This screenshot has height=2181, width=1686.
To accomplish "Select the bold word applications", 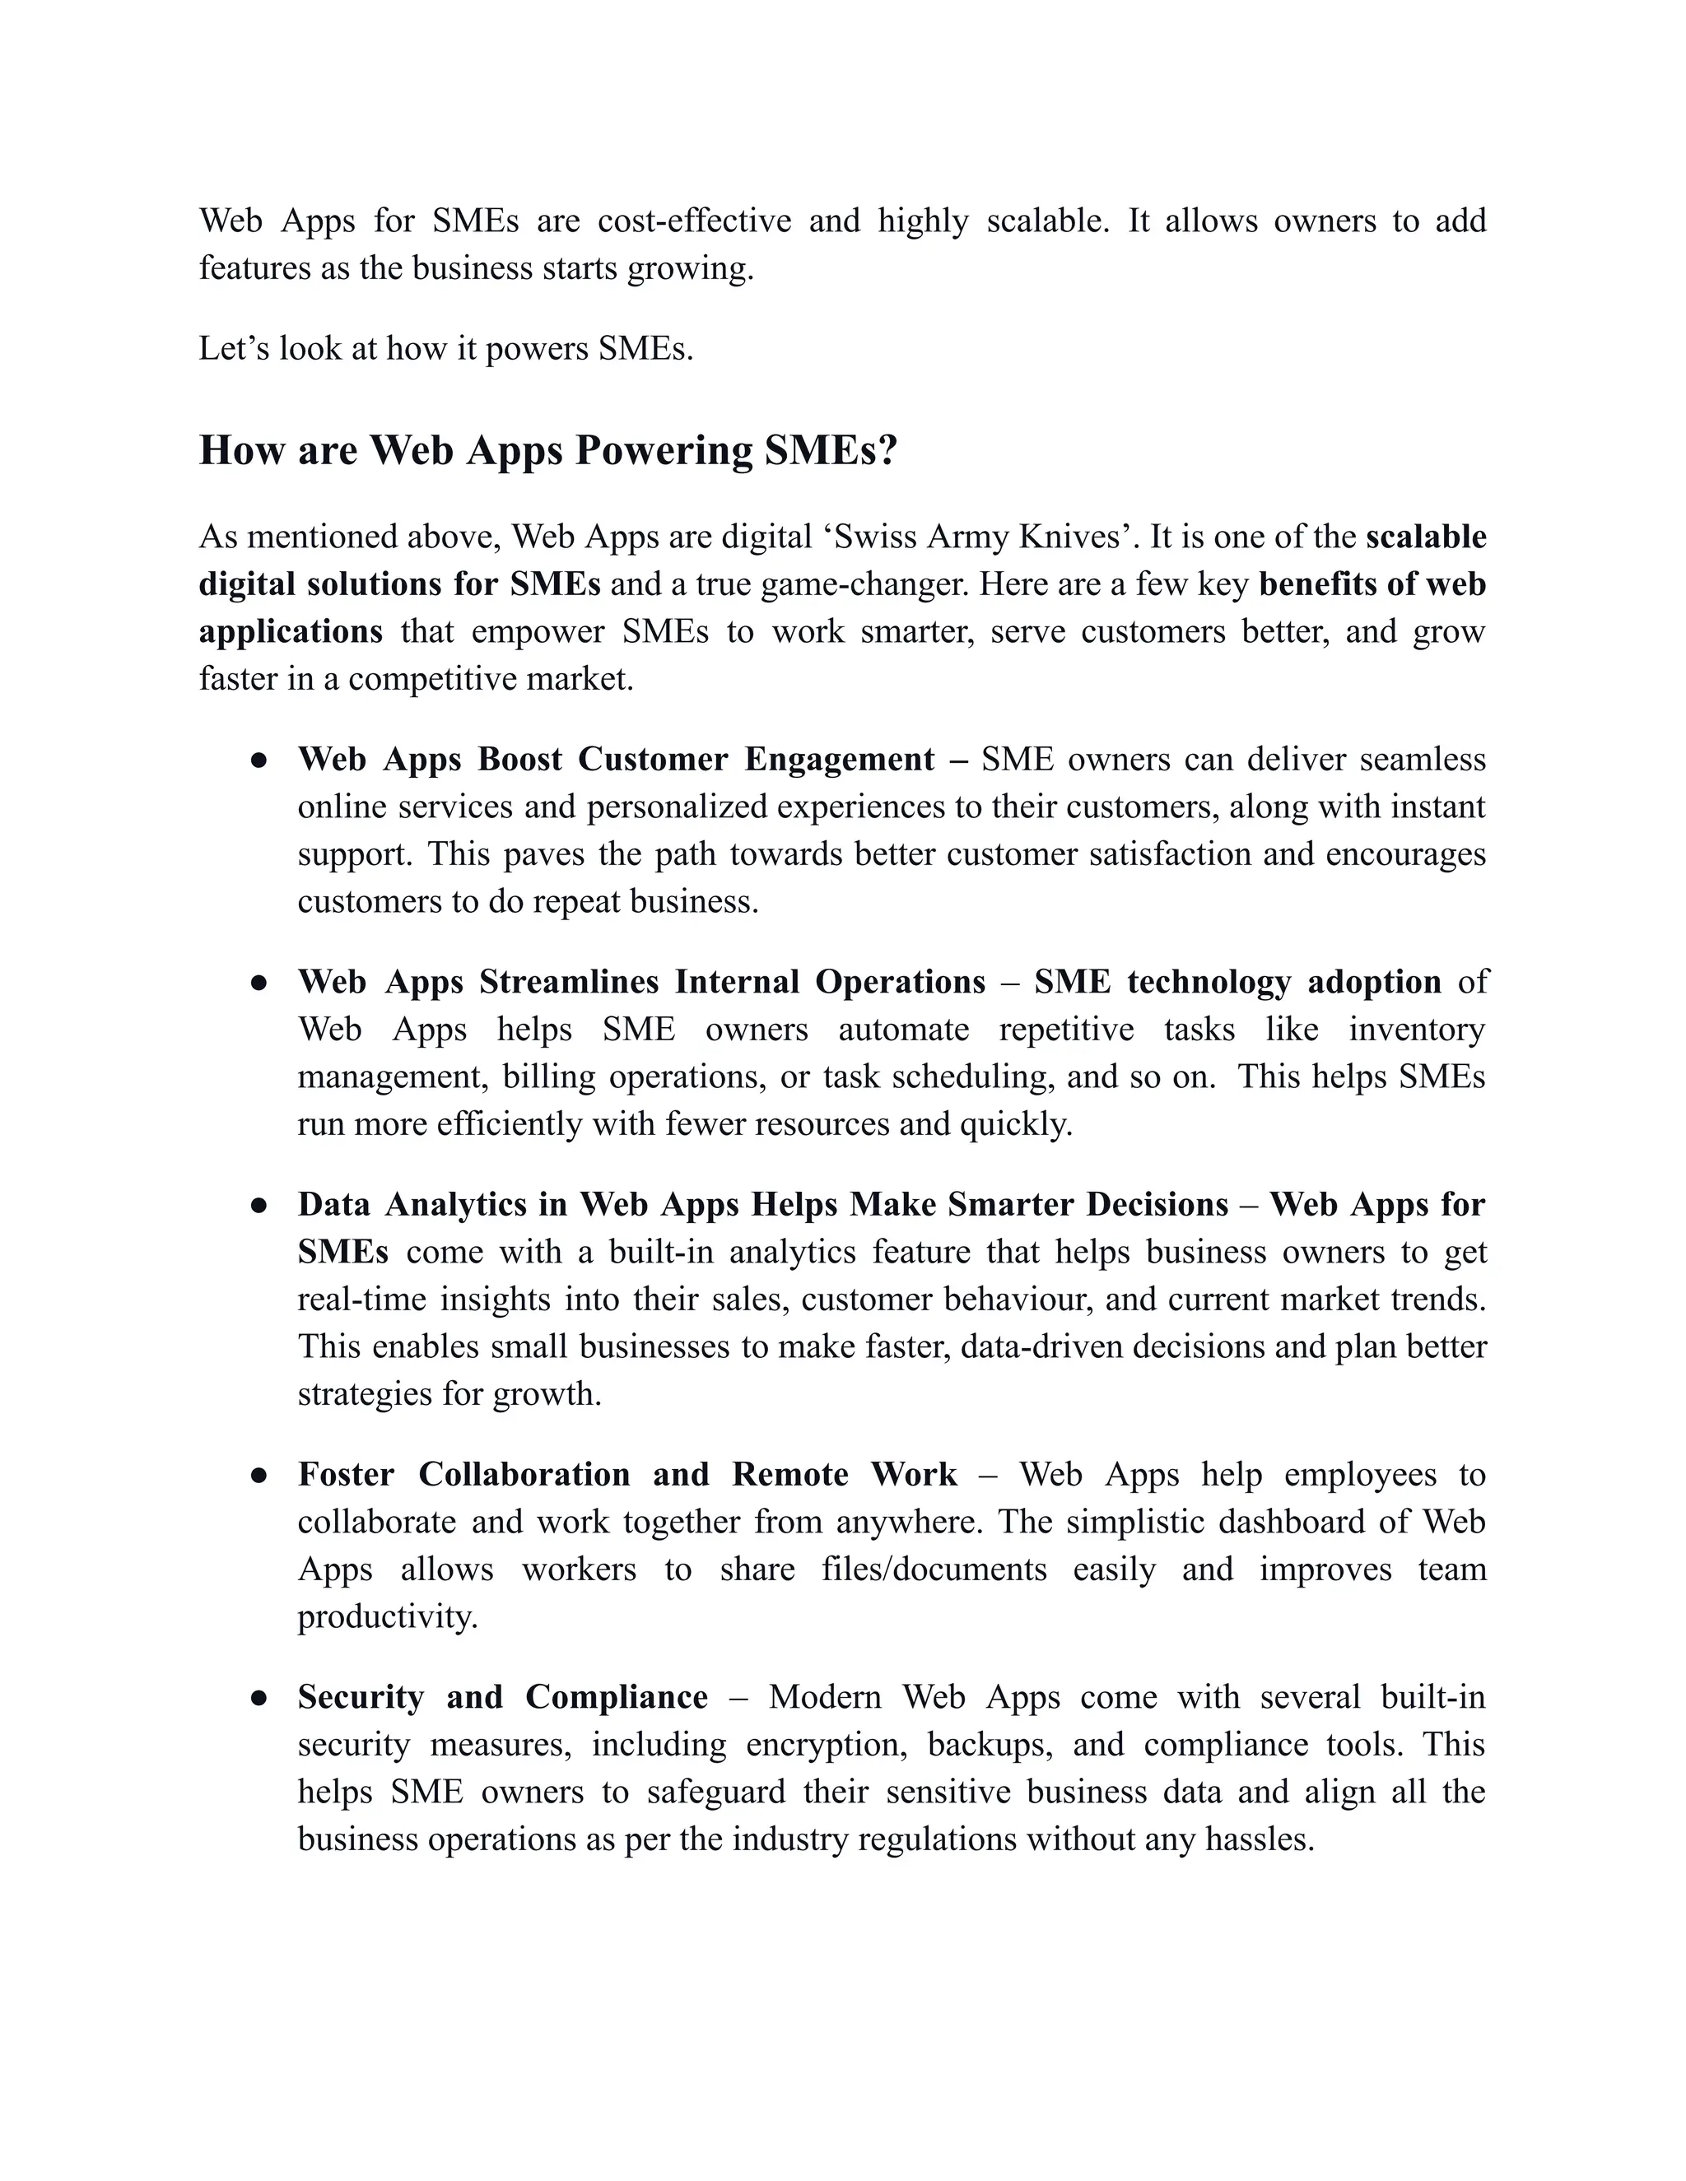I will [x=291, y=632].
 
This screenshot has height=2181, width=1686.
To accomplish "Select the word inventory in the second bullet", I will [x=1416, y=1030].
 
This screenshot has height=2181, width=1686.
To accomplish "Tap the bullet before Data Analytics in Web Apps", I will [x=258, y=1206].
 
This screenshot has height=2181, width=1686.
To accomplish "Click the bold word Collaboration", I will [x=524, y=1475].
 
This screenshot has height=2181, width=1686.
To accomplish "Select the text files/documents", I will [x=934, y=1569].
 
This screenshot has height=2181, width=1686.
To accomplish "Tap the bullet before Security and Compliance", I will [x=258, y=1698].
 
